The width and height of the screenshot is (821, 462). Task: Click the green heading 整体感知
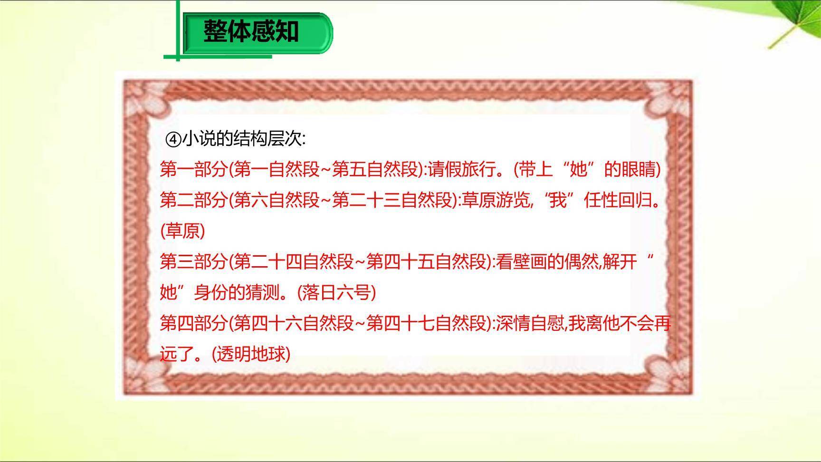[x=251, y=32]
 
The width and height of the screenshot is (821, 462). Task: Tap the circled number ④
[x=173, y=139]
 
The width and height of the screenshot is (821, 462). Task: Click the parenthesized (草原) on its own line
[x=183, y=231]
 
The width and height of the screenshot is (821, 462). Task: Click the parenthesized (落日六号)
[x=336, y=293]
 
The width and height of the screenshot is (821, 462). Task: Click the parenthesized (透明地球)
[x=251, y=354]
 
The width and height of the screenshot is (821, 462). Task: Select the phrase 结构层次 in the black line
[x=267, y=139]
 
